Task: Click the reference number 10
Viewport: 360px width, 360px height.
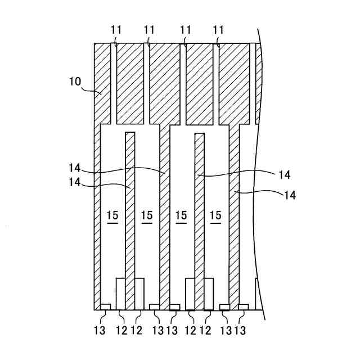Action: click(x=75, y=81)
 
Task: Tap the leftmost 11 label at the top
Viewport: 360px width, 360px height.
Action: click(x=116, y=30)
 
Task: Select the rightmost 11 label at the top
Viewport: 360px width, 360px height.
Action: click(x=218, y=30)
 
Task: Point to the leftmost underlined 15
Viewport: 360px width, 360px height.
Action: click(x=112, y=215)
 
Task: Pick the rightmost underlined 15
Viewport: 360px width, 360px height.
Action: click(x=215, y=215)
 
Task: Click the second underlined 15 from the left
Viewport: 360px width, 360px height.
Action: click(x=147, y=215)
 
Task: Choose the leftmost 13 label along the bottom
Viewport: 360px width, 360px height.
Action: click(x=100, y=330)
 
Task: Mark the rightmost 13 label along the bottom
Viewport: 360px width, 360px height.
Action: click(x=241, y=330)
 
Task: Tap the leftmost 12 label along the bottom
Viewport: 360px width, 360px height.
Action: click(x=121, y=330)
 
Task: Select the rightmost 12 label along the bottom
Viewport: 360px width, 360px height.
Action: click(x=205, y=330)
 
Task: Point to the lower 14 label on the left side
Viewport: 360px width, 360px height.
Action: click(x=76, y=182)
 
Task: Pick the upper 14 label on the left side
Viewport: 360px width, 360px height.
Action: click(x=76, y=168)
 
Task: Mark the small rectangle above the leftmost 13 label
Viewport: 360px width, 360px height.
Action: click(x=105, y=306)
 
